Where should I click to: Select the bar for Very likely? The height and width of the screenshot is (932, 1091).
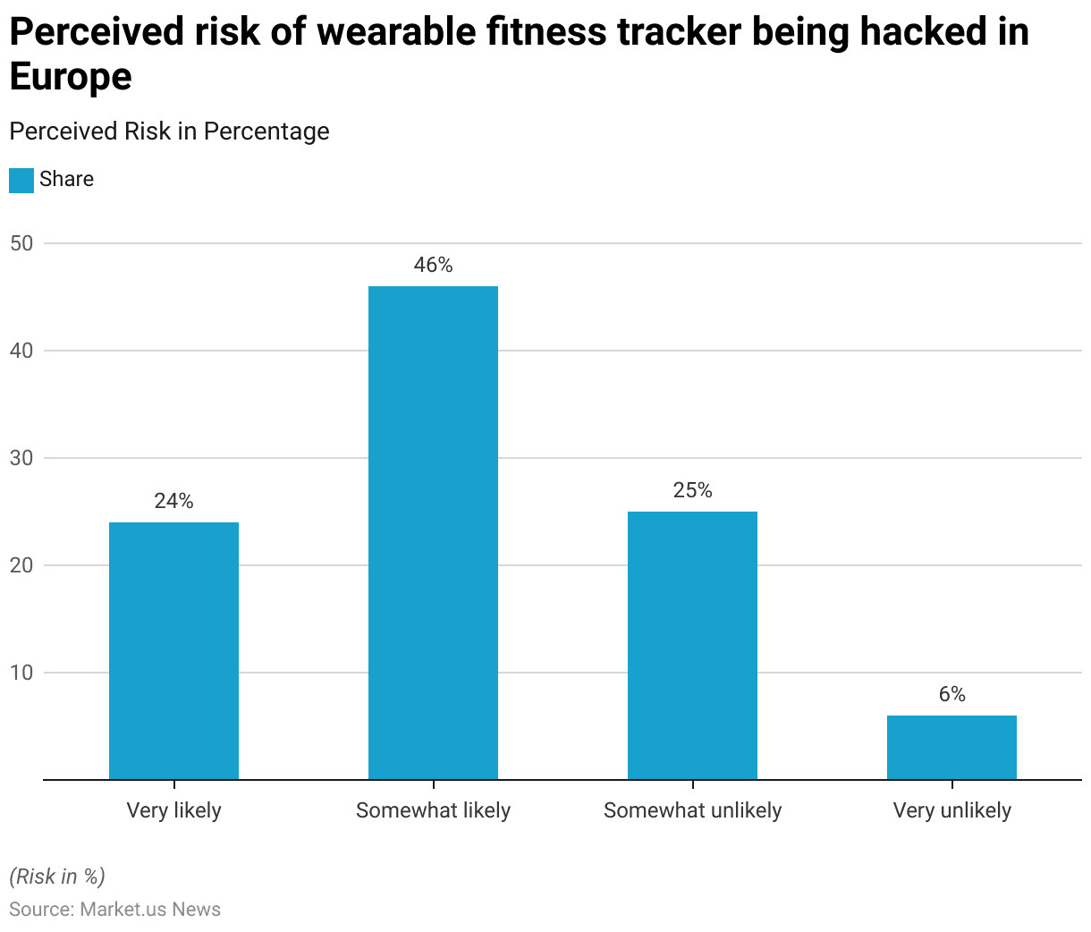173,650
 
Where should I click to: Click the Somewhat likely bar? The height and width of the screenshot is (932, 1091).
433,532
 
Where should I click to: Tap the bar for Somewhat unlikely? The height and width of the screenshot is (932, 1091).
692,645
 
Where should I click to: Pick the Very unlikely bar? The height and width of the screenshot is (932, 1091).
951,747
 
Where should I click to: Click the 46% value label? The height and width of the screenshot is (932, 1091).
433,265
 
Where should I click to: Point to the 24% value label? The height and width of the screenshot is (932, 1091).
173,501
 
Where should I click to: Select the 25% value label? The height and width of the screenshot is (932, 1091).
692,490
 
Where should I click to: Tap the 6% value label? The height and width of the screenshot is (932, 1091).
951,694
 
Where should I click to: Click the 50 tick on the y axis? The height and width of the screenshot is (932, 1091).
21,243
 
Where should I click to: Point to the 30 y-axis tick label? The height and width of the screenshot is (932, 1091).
21,458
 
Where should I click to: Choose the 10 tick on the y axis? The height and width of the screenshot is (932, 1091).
21,673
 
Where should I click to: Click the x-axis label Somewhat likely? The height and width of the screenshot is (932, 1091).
433,810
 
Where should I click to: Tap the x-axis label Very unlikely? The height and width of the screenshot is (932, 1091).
951,810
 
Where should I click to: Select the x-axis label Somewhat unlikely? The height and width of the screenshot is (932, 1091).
692,810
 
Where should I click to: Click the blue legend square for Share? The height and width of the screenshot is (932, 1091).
21,180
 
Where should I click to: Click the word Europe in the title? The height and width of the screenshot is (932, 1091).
71,76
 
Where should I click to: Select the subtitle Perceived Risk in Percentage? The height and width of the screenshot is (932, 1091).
169,131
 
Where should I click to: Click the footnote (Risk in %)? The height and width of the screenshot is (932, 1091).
57,877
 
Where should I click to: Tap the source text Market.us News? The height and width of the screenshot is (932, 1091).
150,910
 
